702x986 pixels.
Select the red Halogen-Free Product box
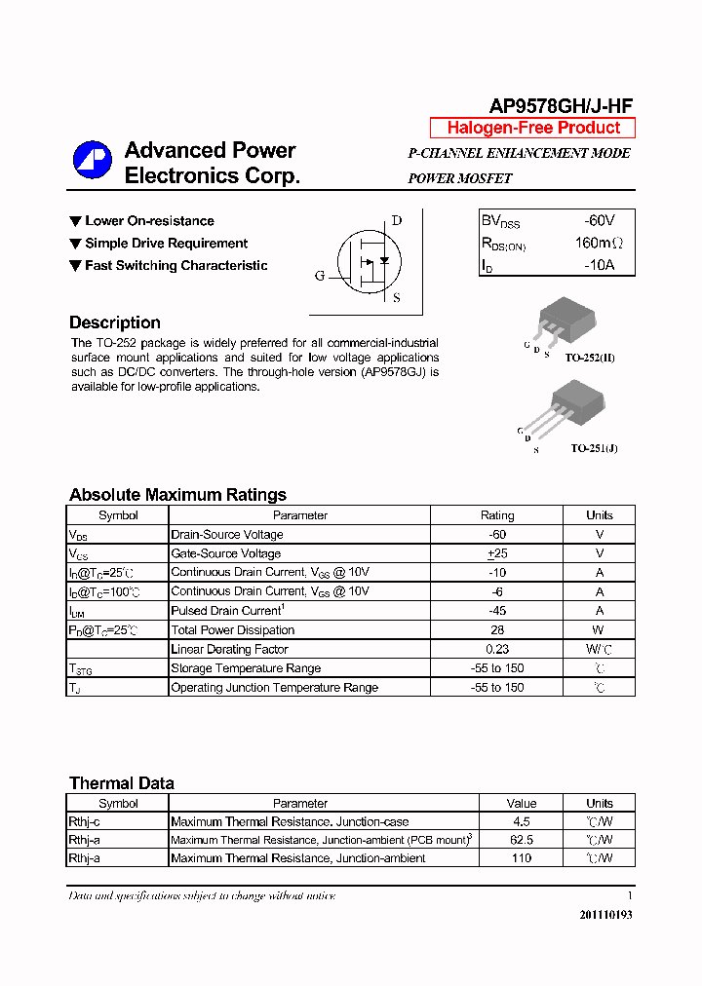click(532, 128)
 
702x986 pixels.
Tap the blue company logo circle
click(93, 162)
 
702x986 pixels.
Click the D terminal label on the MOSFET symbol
click(396, 220)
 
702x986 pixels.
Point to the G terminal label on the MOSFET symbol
click(319, 276)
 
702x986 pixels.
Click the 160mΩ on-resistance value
click(598, 243)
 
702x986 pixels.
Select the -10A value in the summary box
click(599, 265)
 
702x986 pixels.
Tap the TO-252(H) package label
click(593, 358)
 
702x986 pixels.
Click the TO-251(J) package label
click(594, 448)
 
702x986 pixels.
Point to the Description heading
click(115, 322)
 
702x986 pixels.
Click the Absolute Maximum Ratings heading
click(177, 494)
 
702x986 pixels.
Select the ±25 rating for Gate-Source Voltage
click(497, 553)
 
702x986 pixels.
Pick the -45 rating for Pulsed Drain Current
click(497, 611)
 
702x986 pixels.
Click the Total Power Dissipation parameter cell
click(232, 630)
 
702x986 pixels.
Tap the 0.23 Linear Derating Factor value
click(497, 649)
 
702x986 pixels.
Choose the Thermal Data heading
click(122, 783)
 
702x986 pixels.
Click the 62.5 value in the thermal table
click(522, 840)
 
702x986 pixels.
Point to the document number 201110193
click(605, 915)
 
